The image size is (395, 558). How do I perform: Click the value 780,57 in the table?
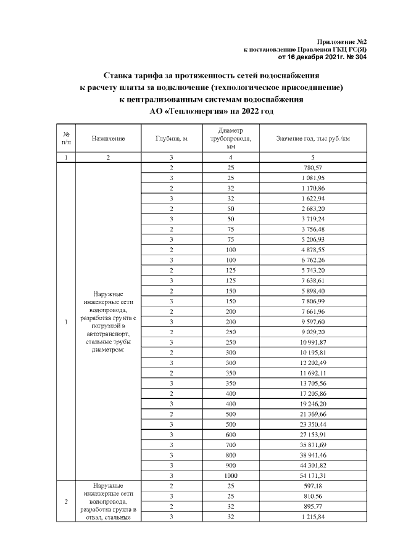click(x=313, y=168)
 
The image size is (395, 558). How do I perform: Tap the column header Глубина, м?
click(x=172, y=139)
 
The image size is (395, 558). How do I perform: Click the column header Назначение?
click(x=108, y=139)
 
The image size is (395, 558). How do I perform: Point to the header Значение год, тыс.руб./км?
click(x=313, y=139)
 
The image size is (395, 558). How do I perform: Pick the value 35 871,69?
click(x=313, y=443)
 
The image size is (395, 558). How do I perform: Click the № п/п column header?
click(x=66, y=139)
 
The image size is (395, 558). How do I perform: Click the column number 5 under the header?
click(x=313, y=158)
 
